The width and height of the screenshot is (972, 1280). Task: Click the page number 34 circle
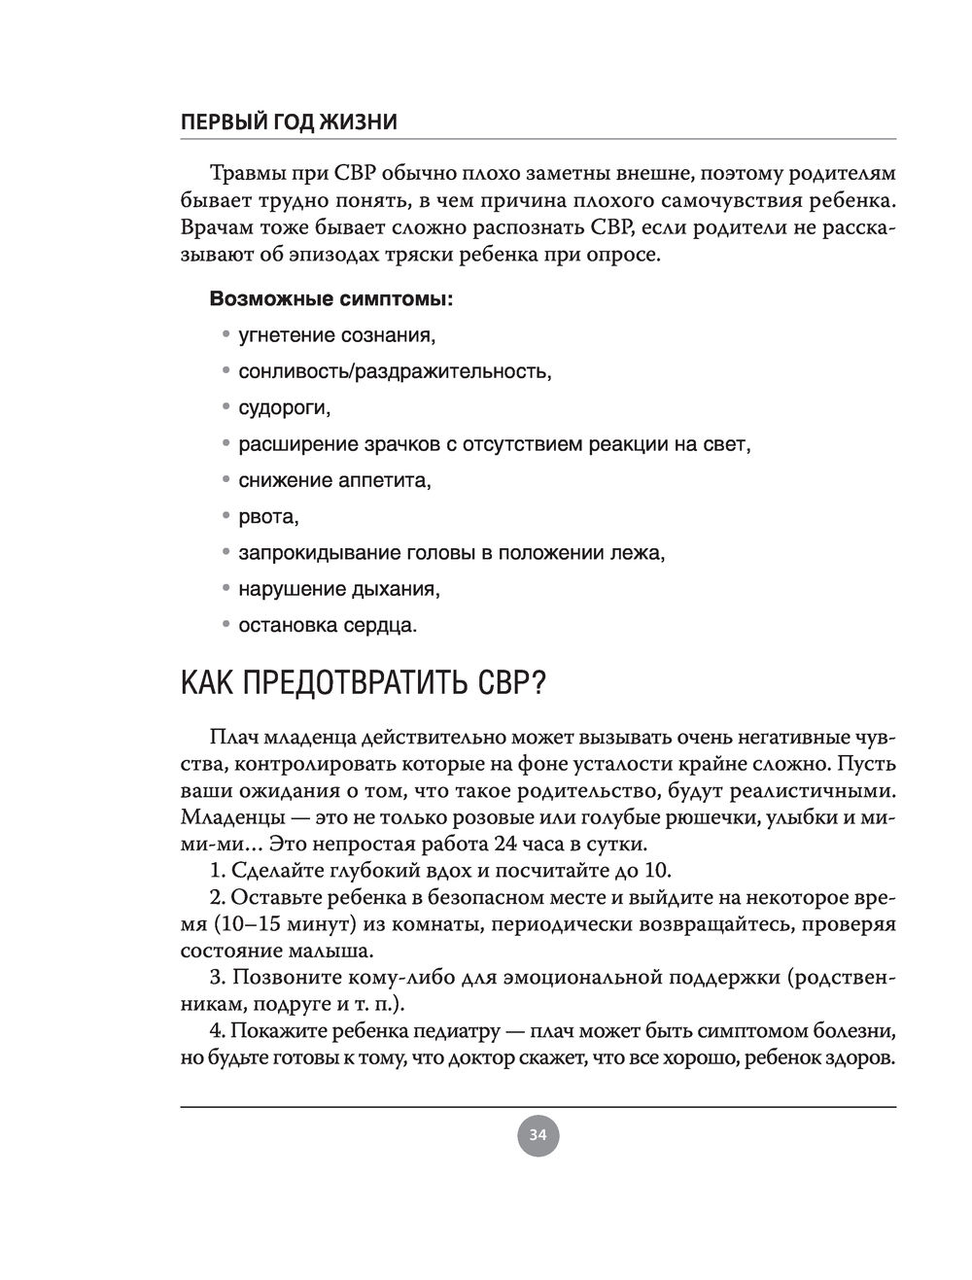pyautogui.click(x=538, y=1134)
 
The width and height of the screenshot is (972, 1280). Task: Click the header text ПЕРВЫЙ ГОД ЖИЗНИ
pyautogui.click(x=289, y=122)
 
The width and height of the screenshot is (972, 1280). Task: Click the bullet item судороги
pyautogui.click(x=284, y=408)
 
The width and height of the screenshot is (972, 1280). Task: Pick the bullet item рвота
pyautogui.click(x=268, y=516)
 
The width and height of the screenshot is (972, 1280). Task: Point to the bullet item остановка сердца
pyautogui.click(x=328, y=625)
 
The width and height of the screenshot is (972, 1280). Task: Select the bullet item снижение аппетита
pyautogui.click(x=334, y=480)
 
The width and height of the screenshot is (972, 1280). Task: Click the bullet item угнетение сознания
pyautogui.click(x=336, y=335)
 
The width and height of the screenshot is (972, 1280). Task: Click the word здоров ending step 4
pyautogui.click(x=860, y=1056)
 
